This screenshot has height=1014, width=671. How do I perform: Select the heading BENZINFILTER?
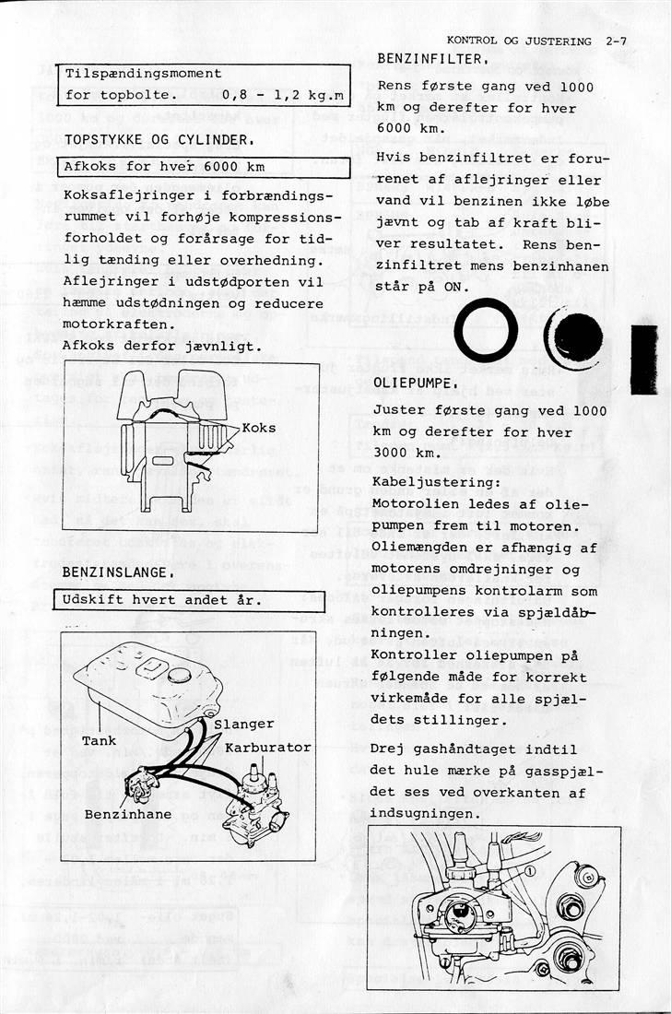(x=432, y=59)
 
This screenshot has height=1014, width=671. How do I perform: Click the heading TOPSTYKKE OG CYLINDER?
(x=158, y=140)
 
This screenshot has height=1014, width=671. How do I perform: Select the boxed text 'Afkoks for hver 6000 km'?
(x=164, y=167)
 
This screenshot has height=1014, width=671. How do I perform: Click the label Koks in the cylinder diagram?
(x=259, y=429)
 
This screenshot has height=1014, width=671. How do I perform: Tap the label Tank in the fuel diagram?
(x=99, y=740)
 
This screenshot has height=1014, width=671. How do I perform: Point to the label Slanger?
(x=243, y=725)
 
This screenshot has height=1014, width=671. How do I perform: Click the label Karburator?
(x=267, y=747)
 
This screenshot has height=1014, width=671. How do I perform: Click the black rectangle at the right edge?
(x=643, y=360)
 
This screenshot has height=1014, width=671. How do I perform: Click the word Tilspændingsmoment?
(x=143, y=73)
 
